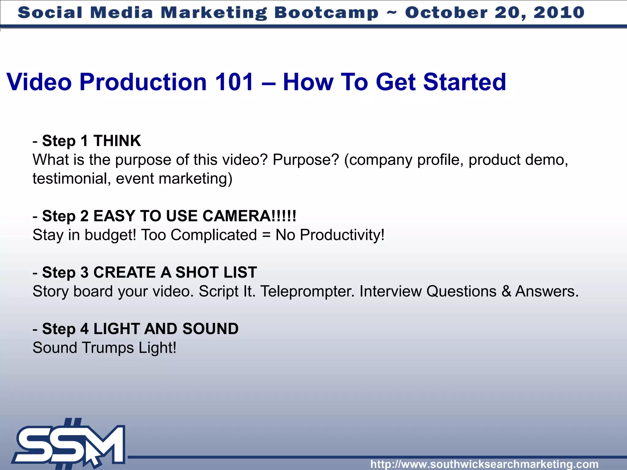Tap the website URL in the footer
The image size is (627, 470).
484,464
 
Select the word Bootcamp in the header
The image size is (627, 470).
326,13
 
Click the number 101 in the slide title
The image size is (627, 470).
234,82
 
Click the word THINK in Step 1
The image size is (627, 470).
117,141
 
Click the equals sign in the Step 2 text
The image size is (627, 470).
266,235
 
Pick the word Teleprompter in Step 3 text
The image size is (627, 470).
307,291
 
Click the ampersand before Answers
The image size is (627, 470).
506,291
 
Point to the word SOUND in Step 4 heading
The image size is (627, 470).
210,329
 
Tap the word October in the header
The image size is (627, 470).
446,13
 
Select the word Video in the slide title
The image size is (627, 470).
39,82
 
